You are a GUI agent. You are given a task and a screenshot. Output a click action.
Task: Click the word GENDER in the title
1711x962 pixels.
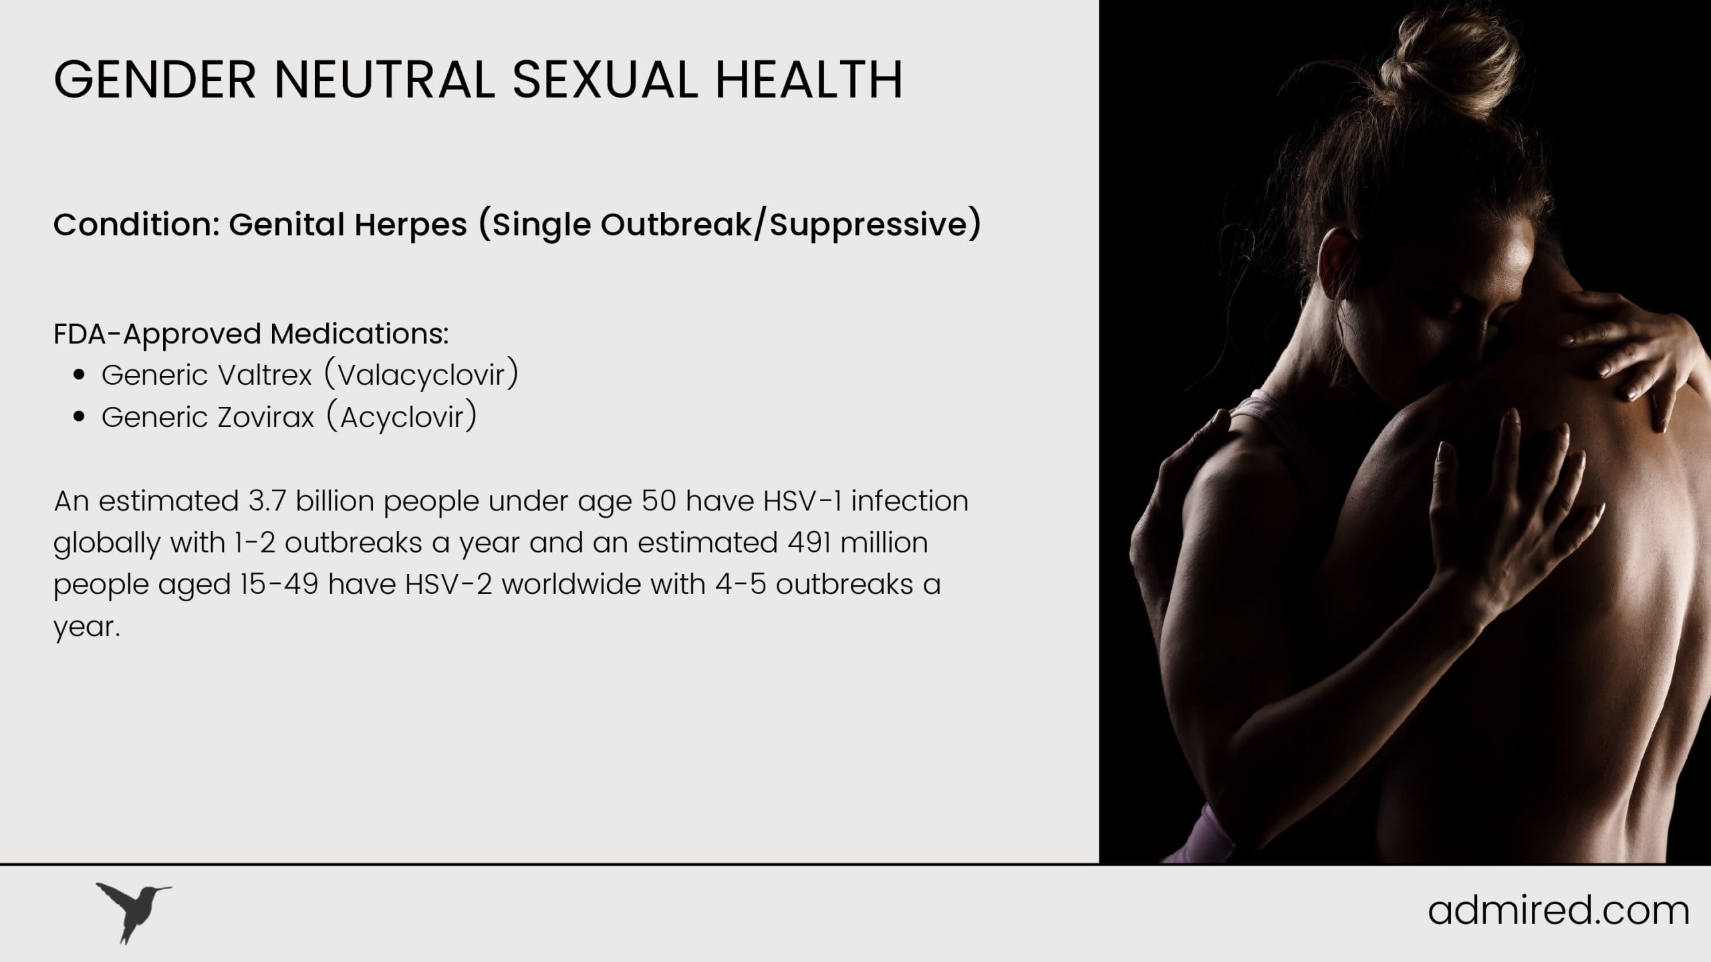pyautogui.click(x=154, y=80)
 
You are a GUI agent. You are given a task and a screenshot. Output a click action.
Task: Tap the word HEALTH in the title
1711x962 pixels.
pyautogui.click(x=809, y=80)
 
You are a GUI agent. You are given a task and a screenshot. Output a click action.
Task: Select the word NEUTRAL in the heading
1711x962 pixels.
pyautogui.click(x=384, y=80)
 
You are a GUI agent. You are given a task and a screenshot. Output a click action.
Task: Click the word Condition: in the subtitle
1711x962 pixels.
pyautogui.click(x=136, y=224)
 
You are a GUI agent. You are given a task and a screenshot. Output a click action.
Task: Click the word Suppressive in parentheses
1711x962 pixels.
pyautogui.click(x=868, y=226)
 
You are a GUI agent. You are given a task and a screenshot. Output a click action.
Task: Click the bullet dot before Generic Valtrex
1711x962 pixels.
pyautogui.click(x=80, y=375)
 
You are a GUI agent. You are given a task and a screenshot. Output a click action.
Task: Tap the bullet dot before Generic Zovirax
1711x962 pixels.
pyautogui.click(x=80, y=418)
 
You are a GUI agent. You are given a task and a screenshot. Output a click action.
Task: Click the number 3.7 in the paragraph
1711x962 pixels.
pyautogui.click(x=267, y=501)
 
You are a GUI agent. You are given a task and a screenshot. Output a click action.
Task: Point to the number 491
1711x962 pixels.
pyautogui.click(x=808, y=542)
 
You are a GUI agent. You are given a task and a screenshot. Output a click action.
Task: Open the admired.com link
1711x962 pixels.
pyautogui.click(x=1558, y=911)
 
